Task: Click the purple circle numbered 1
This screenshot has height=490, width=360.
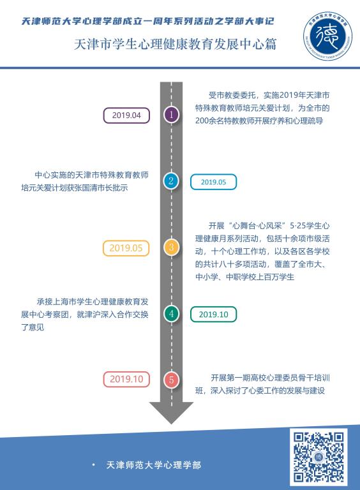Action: tap(171, 115)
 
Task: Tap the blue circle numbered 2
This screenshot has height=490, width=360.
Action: tap(171, 181)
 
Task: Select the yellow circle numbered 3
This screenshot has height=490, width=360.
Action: tap(171, 248)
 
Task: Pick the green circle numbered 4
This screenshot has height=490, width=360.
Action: tap(171, 313)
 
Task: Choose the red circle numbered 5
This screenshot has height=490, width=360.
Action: tap(171, 380)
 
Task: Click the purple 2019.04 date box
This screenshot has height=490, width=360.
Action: tap(126, 115)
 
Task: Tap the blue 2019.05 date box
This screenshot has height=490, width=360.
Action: tap(213, 182)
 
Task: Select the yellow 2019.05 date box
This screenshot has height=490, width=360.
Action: tap(126, 248)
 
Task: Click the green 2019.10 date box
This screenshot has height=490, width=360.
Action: tap(213, 315)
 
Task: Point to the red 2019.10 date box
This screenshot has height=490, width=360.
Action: tap(126, 380)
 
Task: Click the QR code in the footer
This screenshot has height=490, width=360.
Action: tap(319, 457)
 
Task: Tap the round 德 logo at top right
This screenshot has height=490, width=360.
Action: tap(327, 36)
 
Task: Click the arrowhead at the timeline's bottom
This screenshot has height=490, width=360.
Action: tap(171, 413)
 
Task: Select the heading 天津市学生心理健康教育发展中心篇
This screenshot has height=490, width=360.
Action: tap(176, 44)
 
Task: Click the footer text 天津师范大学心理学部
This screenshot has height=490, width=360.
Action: tap(153, 465)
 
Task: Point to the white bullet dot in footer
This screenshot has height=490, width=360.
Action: tap(93, 464)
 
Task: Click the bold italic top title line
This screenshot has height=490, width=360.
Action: tap(147, 21)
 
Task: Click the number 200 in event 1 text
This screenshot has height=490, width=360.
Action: tap(202, 121)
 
